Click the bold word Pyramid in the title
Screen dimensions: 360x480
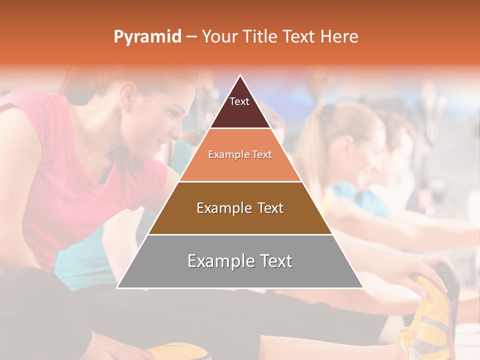[x=147, y=37]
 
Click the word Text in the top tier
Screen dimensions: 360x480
[x=239, y=101]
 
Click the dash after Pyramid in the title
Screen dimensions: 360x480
[x=191, y=37]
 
